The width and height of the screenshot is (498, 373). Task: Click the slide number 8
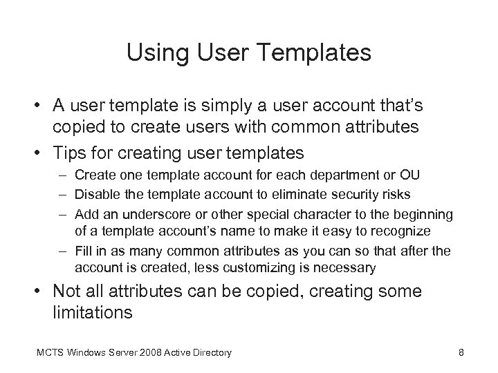461,353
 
